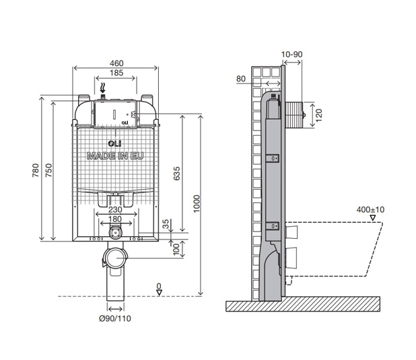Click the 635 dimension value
tap(176, 174)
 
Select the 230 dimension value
tap(115, 209)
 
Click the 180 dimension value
tap(115, 219)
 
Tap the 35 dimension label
tap(165, 225)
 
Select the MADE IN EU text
tap(115, 156)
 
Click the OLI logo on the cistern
tap(114, 143)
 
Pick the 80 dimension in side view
tap(241, 80)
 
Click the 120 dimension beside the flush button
tap(319, 114)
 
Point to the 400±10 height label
tap(370, 210)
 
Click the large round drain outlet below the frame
tap(115, 258)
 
